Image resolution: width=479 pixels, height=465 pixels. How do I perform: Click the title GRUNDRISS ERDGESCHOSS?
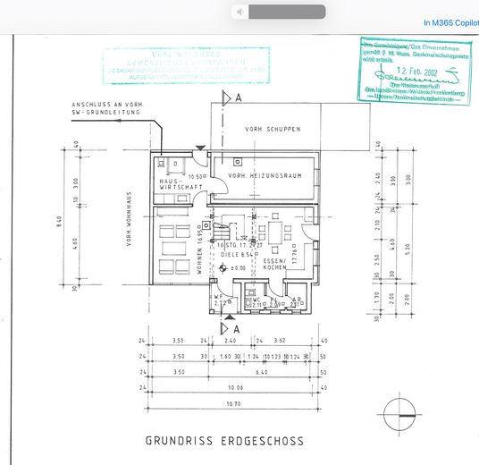click(224, 441)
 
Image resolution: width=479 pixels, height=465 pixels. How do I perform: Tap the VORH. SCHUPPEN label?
click(273, 130)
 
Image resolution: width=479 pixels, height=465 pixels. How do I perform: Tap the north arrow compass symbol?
click(398, 416)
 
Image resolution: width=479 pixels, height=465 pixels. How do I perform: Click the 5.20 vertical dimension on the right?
click(406, 252)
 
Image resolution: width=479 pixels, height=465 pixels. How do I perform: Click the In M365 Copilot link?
click(450, 22)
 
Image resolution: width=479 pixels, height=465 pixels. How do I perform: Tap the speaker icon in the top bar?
click(239, 12)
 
